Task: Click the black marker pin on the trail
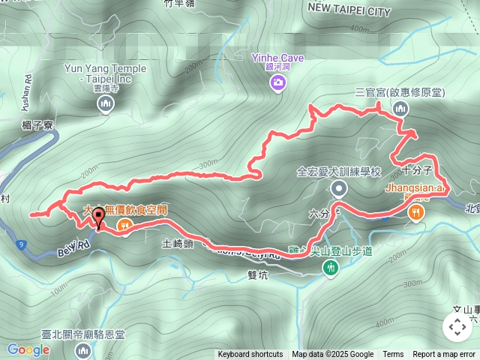(x=97, y=217)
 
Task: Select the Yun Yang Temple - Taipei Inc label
(x=106, y=73)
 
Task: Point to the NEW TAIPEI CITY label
(x=349, y=12)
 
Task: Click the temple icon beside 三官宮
(x=400, y=109)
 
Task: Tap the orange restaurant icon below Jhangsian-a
(x=416, y=213)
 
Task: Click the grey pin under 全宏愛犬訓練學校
(x=339, y=188)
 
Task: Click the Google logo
(x=28, y=349)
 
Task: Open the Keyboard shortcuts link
(x=250, y=355)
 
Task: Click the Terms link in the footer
(x=393, y=355)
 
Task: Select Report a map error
(x=444, y=355)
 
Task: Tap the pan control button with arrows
(x=457, y=327)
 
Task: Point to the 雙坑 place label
(x=256, y=274)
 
